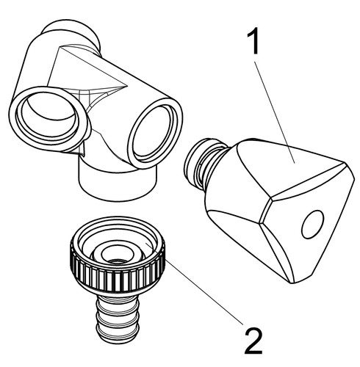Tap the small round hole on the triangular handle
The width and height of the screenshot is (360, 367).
[x=312, y=225]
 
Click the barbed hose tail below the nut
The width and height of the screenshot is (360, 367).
[x=117, y=318]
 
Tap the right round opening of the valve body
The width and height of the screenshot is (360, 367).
[x=155, y=131]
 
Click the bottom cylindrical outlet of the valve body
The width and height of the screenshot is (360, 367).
[x=117, y=183]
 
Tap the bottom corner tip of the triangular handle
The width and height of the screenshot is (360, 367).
[x=292, y=283]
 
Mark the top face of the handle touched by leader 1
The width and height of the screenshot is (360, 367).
[x=289, y=167]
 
